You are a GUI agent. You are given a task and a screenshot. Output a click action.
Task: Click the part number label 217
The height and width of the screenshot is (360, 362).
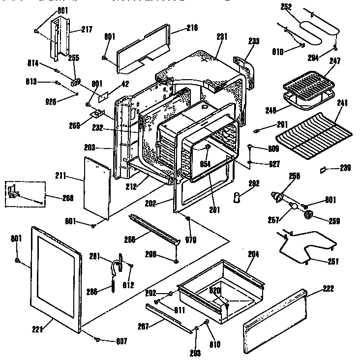click(x=87, y=30)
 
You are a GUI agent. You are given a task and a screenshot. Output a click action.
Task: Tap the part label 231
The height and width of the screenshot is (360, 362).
click(x=222, y=36)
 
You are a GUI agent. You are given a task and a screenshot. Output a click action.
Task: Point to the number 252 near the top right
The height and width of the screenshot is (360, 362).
click(x=286, y=7)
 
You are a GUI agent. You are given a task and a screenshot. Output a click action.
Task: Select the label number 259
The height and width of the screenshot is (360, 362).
click(x=334, y=220)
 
